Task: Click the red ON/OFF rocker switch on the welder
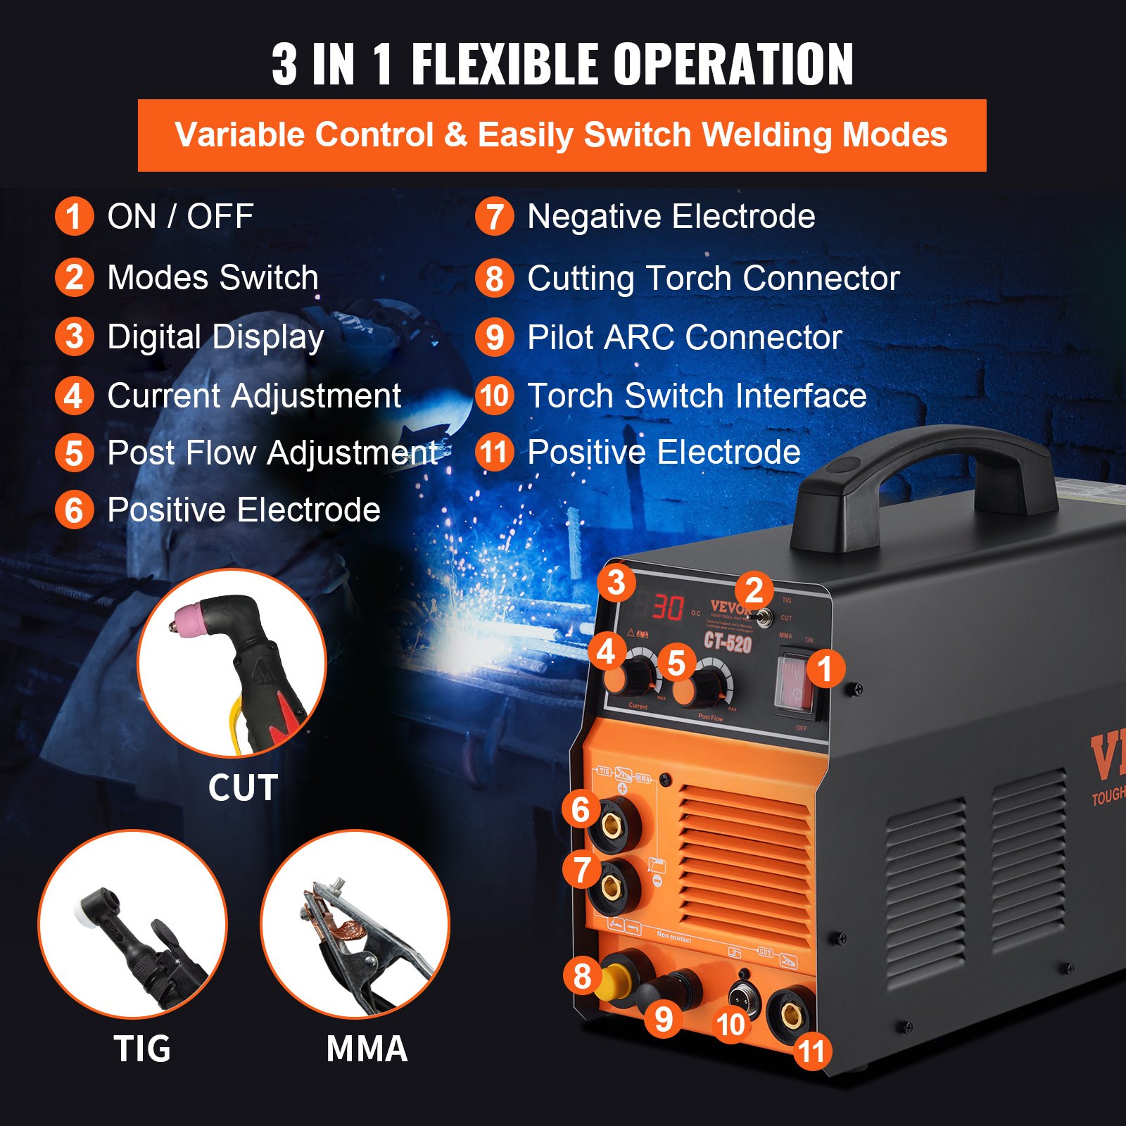(794, 681)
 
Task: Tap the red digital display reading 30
(667, 607)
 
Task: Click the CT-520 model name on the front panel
(728, 642)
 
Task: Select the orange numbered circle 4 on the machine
(606, 652)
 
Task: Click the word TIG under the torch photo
(142, 1049)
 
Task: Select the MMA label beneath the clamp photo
(367, 1049)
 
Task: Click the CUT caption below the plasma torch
(243, 787)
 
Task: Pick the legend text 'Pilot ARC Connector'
(684, 337)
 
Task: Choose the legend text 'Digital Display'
(215, 337)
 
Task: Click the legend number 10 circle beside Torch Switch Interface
(495, 396)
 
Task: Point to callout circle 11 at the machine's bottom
(811, 1051)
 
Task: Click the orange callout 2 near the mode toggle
(754, 590)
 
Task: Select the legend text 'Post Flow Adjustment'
(272, 453)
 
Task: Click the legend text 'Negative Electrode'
(671, 216)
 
